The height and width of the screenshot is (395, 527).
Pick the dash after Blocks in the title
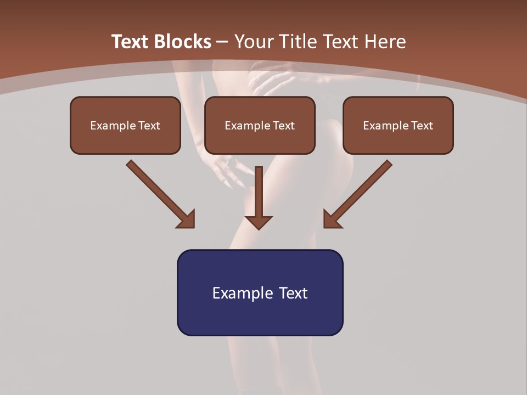222,42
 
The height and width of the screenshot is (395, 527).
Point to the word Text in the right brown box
422,126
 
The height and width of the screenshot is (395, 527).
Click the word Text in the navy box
294,293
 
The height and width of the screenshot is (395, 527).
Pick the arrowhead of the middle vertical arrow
259,222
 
